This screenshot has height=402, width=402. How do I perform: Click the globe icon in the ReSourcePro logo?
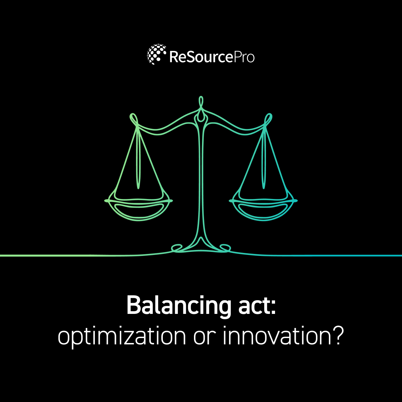(x=156, y=54)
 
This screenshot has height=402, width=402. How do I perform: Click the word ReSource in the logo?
(x=201, y=57)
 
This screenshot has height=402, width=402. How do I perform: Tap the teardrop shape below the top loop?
(x=201, y=117)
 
